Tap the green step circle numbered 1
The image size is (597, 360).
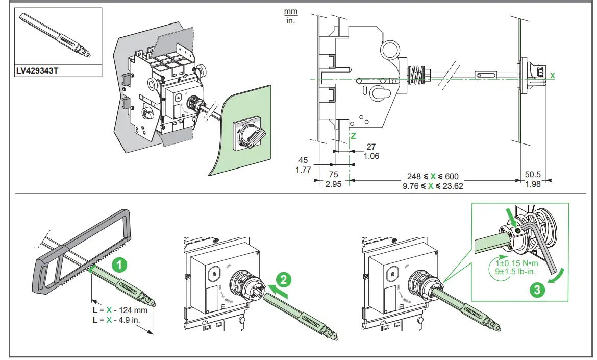point(119,265)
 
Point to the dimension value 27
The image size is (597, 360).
point(371,147)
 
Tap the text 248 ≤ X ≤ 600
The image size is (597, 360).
point(433,176)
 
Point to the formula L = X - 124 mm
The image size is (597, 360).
point(120,310)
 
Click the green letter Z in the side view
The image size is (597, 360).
point(352,137)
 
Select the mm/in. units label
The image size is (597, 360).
point(290,16)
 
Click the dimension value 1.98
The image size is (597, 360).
point(532,185)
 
